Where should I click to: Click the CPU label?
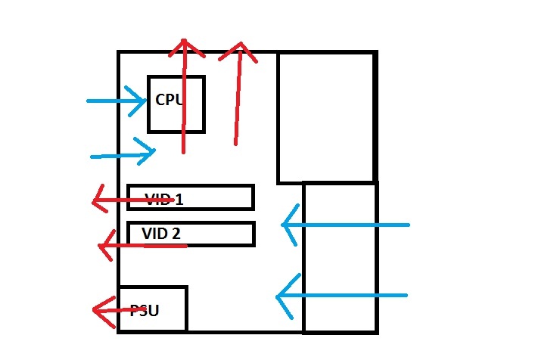click(x=169, y=99)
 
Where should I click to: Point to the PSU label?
click(x=144, y=310)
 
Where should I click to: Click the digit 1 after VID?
click(x=179, y=200)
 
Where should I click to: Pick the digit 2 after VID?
click(x=176, y=234)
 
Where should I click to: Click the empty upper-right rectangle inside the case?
click(x=326, y=117)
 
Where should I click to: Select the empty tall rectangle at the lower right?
click(x=340, y=257)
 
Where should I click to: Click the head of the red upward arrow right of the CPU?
click(x=240, y=47)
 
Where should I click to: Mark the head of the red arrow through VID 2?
click(x=103, y=247)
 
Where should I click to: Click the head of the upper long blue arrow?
click(x=284, y=225)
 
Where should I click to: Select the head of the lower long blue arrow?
click(x=278, y=296)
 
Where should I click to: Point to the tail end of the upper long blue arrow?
click(x=409, y=225)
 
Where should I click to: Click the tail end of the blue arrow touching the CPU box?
click(x=88, y=101)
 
